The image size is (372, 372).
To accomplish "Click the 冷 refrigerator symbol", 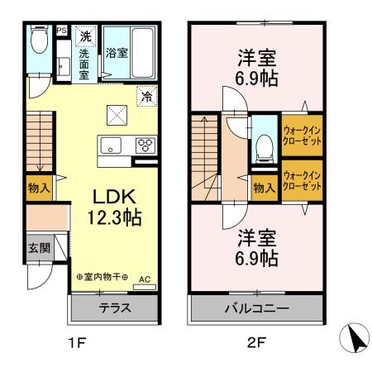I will (145, 95).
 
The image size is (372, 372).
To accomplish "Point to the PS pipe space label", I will (61, 31).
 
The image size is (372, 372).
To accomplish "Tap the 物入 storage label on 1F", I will (38, 188).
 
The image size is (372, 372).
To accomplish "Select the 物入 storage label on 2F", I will (264, 188).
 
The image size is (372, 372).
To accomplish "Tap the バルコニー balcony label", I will (257, 309).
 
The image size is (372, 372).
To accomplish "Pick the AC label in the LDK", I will (145, 279).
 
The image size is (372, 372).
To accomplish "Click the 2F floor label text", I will (257, 339).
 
